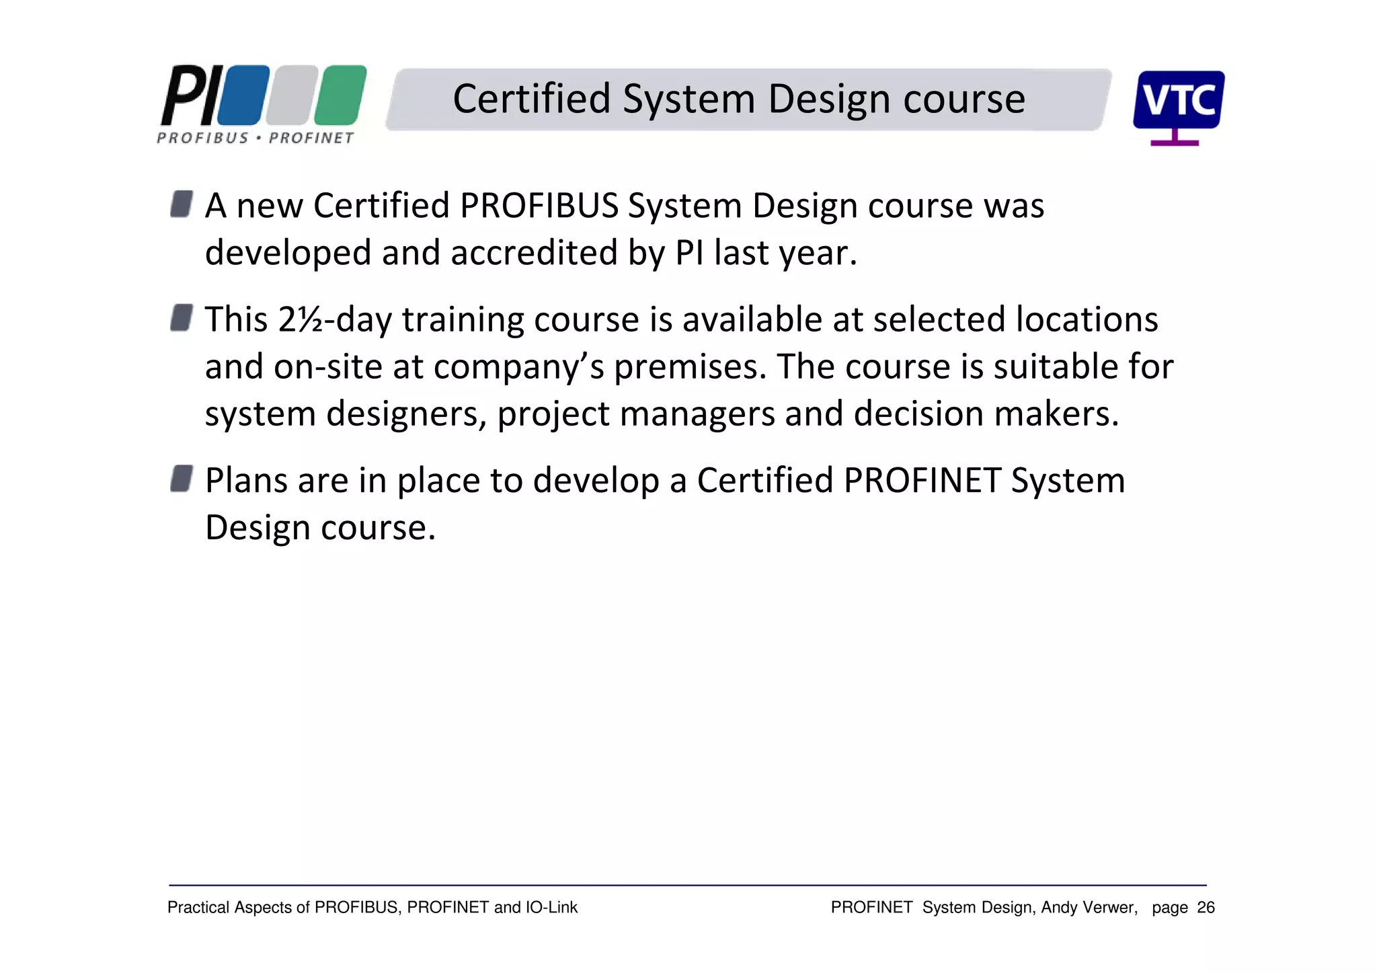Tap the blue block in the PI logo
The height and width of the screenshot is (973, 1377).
pyautogui.click(x=244, y=95)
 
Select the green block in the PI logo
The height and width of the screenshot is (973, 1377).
pyautogui.click(x=340, y=95)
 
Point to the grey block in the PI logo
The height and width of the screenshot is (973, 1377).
pyautogui.click(x=292, y=95)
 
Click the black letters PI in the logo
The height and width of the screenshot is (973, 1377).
pyautogui.click(x=190, y=95)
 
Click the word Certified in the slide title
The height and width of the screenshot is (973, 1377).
pyautogui.click(x=531, y=99)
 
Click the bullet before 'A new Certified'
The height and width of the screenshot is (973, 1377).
pyautogui.click(x=182, y=204)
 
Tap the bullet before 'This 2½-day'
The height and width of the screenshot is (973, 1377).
pyautogui.click(x=182, y=317)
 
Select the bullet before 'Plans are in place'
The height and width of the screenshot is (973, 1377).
pyautogui.click(x=182, y=479)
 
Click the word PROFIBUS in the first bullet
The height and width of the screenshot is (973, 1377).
pyautogui.click(x=539, y=206)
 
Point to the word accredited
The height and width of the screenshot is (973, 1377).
pyautogui.click(x=535, y=253)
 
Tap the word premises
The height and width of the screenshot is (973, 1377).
pyautogui.click(x=690, y=367)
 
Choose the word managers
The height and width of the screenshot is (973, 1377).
pyautogui.click(x=697, y=414)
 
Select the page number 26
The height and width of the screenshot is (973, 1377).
pyautogui.click(x=1206, y=908)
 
